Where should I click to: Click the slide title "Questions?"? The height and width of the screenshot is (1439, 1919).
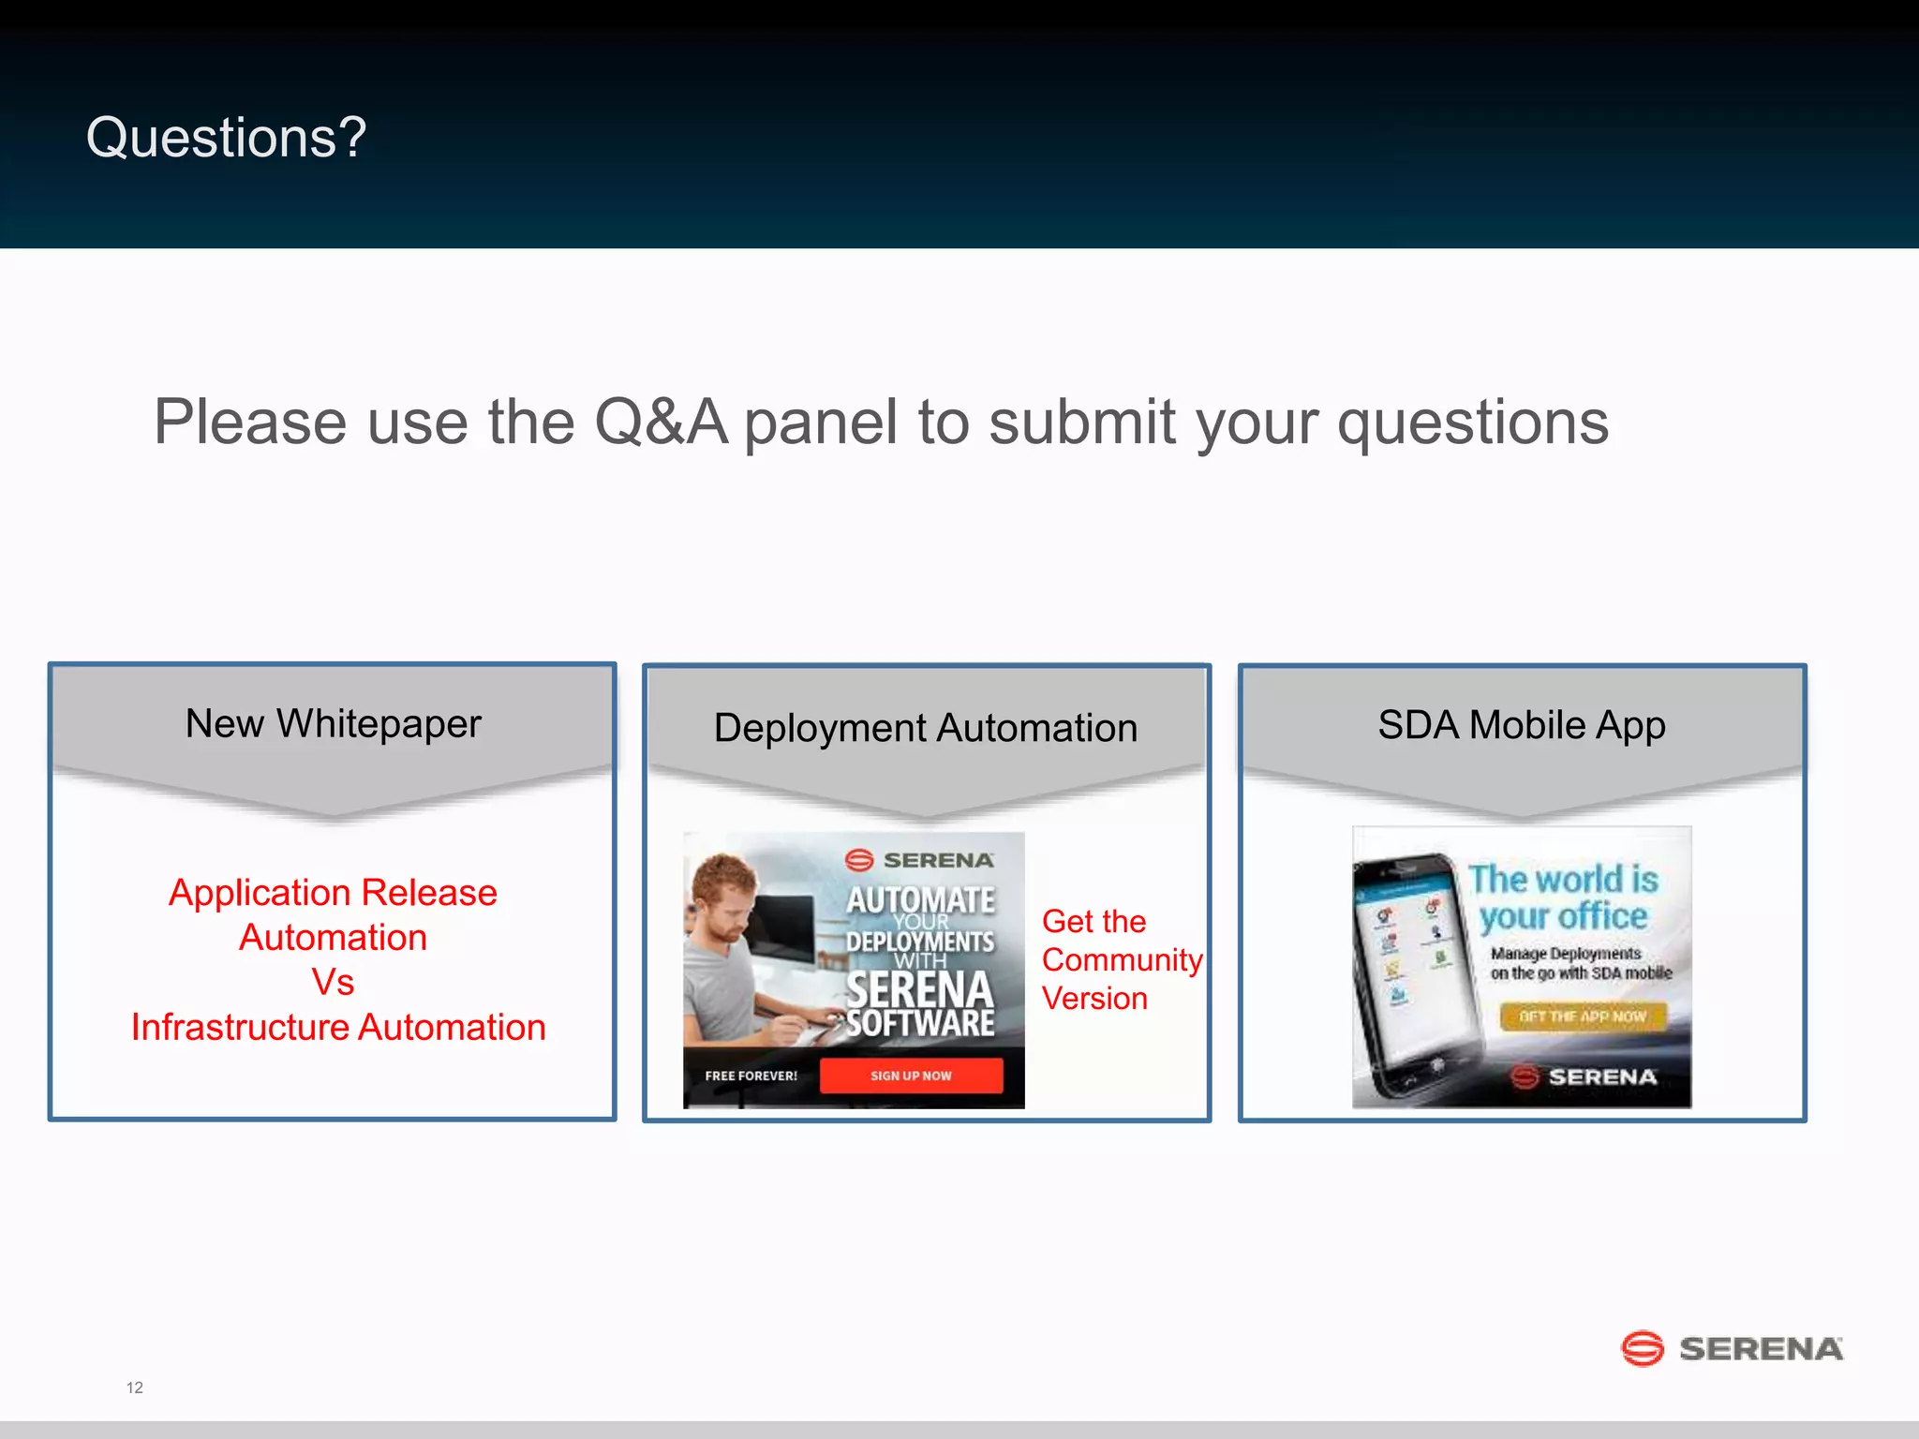(x=226, y=138)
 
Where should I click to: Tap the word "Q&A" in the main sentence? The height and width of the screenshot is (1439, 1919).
(x=661, y=423)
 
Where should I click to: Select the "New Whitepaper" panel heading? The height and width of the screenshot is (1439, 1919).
(x=333, y=723)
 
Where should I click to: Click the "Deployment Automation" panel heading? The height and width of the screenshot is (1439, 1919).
(x=925, y=728)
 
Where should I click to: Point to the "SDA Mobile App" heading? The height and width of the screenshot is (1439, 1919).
(x=1521, y=725)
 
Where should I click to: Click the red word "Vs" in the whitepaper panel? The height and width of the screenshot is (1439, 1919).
(x=333, y=982)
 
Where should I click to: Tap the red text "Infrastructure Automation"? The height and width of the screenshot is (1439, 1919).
(x=338, y=1027)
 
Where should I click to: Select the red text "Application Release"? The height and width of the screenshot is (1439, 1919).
(x=333, y=892)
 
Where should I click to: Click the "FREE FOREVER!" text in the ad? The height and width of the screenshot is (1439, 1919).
(x=751, y=1076)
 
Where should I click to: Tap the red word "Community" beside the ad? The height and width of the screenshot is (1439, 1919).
(x=1121, y=959)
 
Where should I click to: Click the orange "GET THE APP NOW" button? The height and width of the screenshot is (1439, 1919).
(x=1583, y=1016)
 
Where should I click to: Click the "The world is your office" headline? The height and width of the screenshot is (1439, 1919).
(x=1563, y=898)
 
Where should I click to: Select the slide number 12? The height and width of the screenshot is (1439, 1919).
(x=135, y=1387)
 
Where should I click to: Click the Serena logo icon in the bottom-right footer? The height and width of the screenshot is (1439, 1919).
(x=1642, y=1348)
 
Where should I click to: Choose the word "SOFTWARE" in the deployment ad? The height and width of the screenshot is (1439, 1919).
(x=920, y=1023)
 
